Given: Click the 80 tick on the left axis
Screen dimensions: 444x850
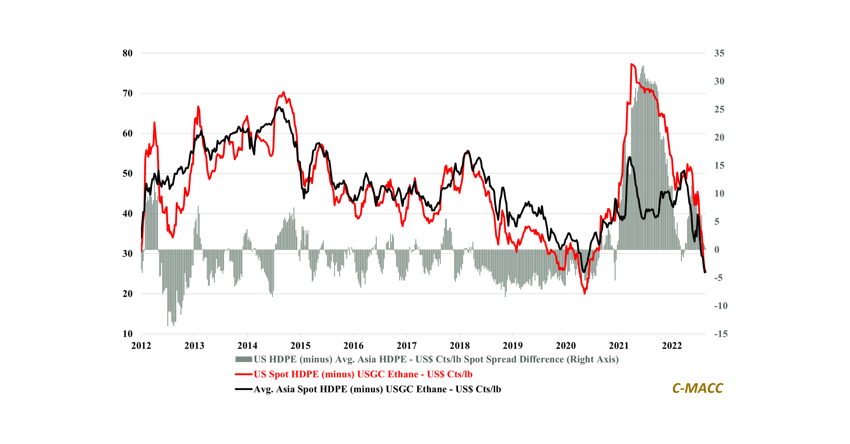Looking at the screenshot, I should coord(127,53).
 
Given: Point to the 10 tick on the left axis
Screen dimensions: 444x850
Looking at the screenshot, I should coord(127,334).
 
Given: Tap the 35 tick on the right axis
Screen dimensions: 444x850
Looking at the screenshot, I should coord(719,53).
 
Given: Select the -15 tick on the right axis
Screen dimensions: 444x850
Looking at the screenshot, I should coord(721,334).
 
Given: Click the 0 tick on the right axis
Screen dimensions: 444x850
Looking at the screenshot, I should coord(717,250).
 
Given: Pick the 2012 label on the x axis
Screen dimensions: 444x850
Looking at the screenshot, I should coord(141,346).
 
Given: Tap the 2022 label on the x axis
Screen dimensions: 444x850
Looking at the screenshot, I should coord(672,346).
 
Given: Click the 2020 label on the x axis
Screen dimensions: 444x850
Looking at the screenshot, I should coord(565,346).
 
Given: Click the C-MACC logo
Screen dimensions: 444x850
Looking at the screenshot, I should coord(697,388).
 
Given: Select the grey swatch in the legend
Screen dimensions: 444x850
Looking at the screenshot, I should coord(243,359).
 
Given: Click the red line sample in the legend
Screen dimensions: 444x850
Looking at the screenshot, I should coord(243,374).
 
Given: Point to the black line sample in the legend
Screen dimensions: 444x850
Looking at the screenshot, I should coord(243,389).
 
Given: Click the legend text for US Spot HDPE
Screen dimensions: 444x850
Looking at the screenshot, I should coord(363,374).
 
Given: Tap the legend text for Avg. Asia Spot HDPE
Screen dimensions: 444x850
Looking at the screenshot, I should coord(377,389).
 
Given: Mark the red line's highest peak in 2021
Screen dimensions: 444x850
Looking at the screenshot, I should coord(631,64).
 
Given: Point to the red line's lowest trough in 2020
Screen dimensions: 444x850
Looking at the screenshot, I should coord(585,293).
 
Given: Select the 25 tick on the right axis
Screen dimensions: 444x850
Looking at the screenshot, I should coord(719,110).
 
